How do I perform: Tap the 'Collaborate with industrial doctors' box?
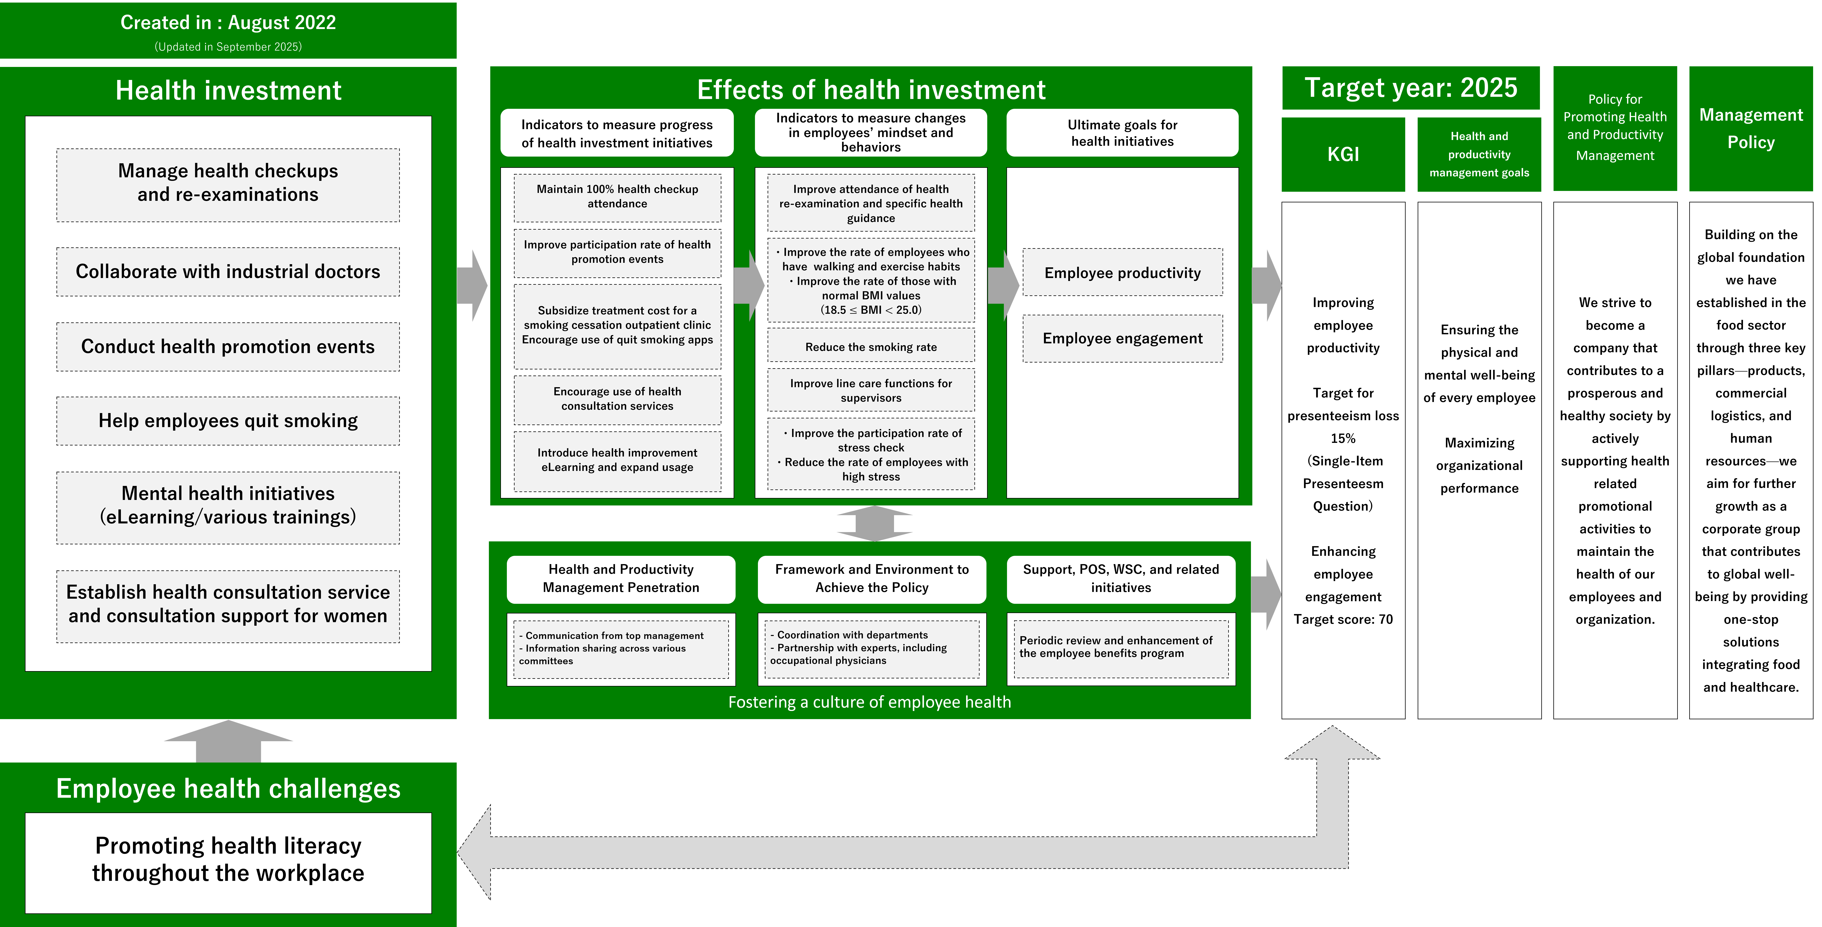tap(228, 271)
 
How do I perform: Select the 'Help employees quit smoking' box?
tap(228, 421)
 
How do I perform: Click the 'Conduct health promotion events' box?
tap(228, 347)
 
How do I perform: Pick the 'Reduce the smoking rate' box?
tap(871, 347)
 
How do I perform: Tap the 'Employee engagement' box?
tap(1123, 339)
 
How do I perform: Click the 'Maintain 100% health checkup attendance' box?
tap(617, 197)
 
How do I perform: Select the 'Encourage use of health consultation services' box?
tap(617, 399)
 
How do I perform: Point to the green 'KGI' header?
tap(1343, 154)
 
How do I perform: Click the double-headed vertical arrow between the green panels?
tap(874, 523)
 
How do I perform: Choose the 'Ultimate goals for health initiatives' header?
tap(1123, 133)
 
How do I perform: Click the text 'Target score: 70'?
tap(1343, 619)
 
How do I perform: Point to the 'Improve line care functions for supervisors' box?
tap(871, 390)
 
